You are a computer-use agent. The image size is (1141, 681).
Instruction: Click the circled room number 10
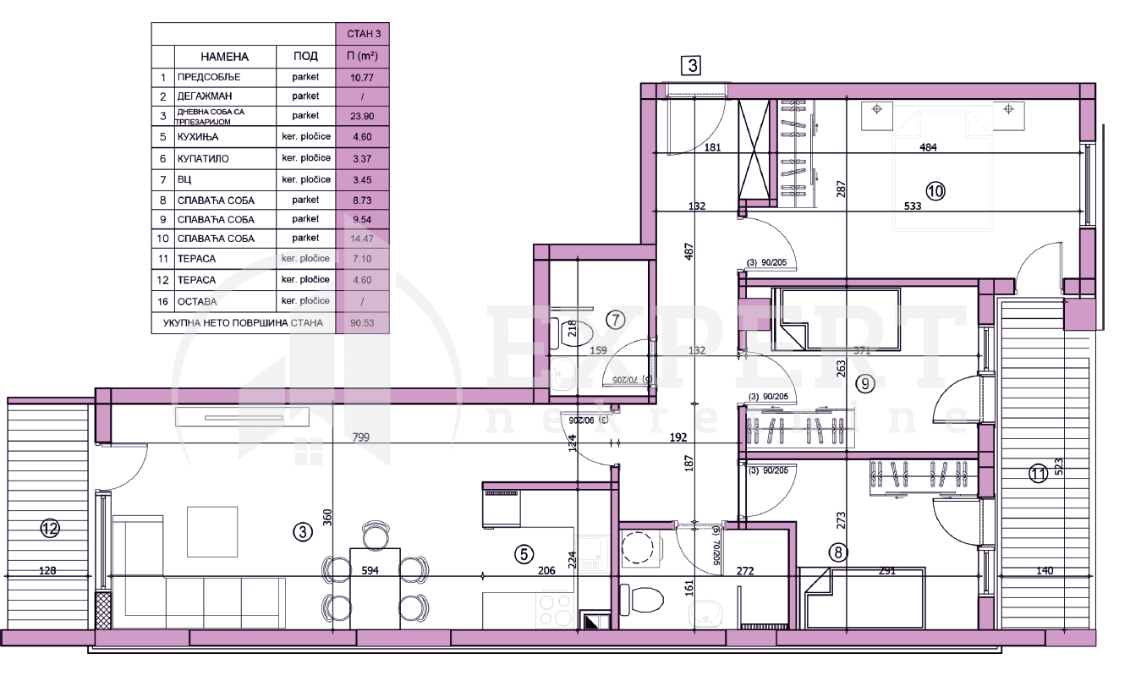[934, 191]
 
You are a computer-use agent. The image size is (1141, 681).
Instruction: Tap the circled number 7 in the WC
[616, 320]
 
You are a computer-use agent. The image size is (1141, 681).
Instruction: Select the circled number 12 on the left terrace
[50, 529]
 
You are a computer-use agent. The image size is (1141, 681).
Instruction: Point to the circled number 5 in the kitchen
[524, 554]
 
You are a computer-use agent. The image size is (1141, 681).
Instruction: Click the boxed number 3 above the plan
[693, 65]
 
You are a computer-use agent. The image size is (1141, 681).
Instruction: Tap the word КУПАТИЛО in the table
[203, 158]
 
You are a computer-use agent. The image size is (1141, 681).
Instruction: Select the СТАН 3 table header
[361, 35]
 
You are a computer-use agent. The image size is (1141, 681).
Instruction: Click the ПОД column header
[305, 57]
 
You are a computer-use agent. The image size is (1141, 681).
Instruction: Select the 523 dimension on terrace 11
[1058, 468]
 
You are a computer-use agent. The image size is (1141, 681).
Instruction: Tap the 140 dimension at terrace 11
[1044, 571]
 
